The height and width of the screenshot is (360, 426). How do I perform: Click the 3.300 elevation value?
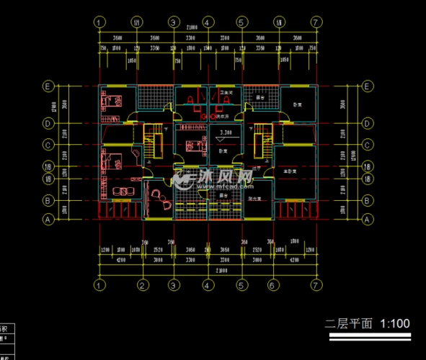click(x=224, y=132)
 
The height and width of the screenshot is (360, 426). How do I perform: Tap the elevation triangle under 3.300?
click(x=224, y=138)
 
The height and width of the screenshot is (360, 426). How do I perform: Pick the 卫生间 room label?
click(x=226, y=93)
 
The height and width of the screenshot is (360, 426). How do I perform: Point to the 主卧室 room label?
click(x=290, y=172)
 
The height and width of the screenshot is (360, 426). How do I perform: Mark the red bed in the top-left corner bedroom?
click(x=111, y=100)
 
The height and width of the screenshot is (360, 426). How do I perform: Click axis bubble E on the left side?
click(x=48, y=86)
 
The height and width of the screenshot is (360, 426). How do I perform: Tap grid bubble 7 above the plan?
click(x=314, y=22)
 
